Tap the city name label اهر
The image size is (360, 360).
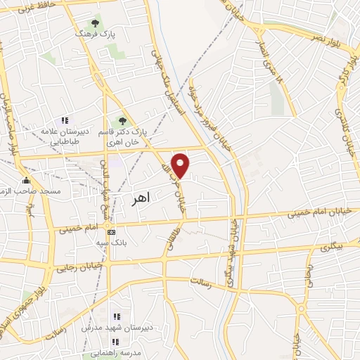click(x=141, y=200)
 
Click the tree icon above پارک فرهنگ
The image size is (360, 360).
click(x=96, y=23)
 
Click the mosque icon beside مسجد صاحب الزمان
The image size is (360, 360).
click(x=27, y=180)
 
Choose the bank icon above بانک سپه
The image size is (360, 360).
click(x=110, y=232)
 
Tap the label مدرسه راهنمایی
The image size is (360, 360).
click(x=115, y=352)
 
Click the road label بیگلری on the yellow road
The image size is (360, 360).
click(x=334, y=247)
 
